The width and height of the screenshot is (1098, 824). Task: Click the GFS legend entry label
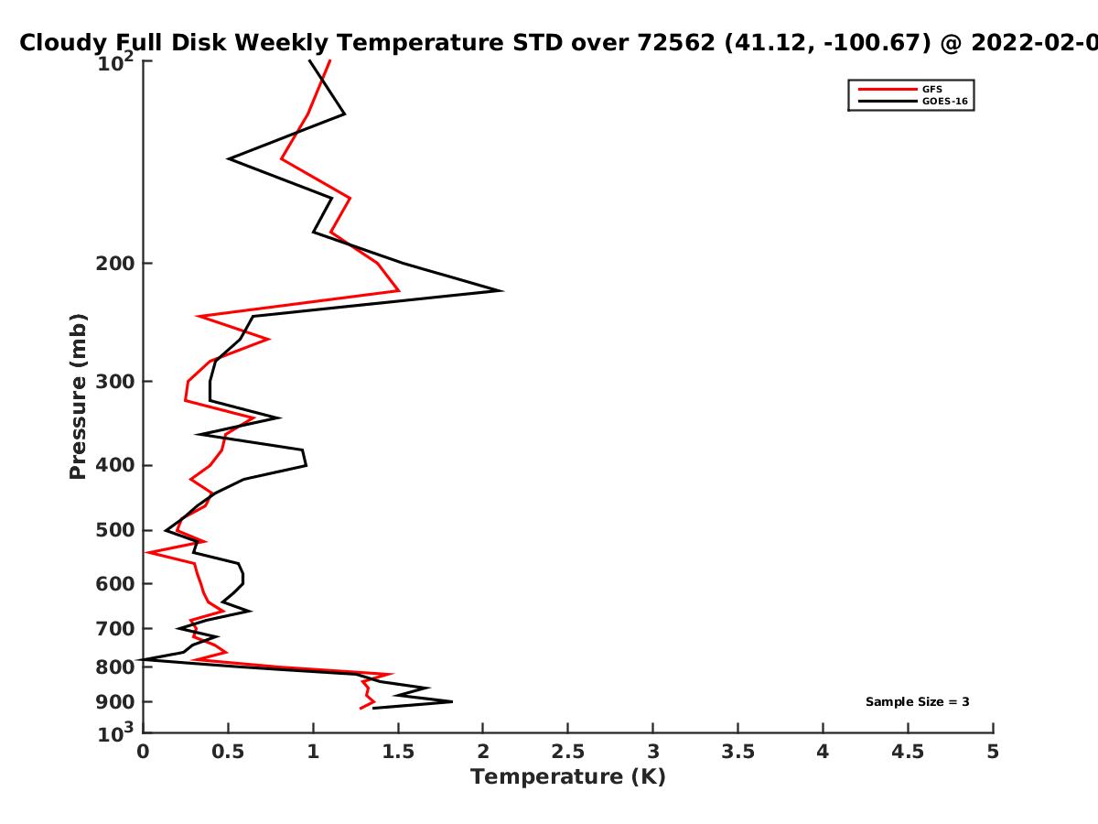(931, 89)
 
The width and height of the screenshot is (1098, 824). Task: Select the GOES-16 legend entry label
(944, 101)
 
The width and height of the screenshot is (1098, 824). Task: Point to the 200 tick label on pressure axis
(115, 263)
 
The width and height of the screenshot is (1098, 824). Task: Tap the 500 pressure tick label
(115, 530)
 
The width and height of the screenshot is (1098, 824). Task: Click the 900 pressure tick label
(115, 702)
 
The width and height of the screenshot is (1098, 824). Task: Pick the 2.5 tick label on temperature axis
(568, 752)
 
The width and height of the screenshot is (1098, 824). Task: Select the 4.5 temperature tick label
(908, 752)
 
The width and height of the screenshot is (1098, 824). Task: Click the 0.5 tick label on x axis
(228, 752)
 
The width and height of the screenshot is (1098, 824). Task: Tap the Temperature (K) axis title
(568, 777)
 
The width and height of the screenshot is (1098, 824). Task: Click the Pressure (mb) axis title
(78, 396)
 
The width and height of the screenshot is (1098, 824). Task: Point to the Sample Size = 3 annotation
(918, 701)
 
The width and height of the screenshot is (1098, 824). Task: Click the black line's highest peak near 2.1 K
(501, 290)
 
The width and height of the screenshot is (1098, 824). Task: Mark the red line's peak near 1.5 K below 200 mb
(399, 290)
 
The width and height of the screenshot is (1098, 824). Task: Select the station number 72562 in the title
(676, 42)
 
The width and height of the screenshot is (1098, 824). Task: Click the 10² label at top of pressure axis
(115, 62)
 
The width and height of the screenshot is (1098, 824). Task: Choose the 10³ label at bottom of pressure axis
(115, 732)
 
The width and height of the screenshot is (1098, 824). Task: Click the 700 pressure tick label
(115, 628)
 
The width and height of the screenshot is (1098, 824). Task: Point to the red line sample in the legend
(888, 89)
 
